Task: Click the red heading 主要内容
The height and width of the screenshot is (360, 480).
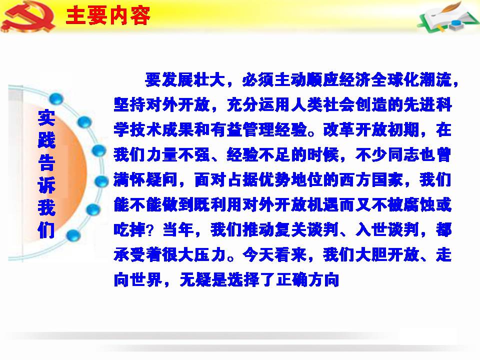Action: pyautogui.click(x=108, y=16)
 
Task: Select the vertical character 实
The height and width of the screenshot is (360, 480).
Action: pyautogui.click(x=46, y=117)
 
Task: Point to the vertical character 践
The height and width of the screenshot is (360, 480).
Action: pyautogui.click(x=46, y=140)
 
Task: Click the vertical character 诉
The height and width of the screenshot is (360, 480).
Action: pyautogui.click(x=46, y=185)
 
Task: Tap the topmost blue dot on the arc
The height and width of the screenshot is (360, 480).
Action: pyautogui.click(x=56, y=99)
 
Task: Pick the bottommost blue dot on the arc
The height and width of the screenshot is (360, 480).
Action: pyautogui.click(x=73, y=235)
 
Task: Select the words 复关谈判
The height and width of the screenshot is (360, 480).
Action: pyautogui.click(x=307, y=229)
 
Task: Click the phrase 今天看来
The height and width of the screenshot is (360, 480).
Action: pyautogui.click(x=274, y=254)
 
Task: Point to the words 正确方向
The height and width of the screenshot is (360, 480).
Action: pyautogui.click(x=307, y=279)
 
